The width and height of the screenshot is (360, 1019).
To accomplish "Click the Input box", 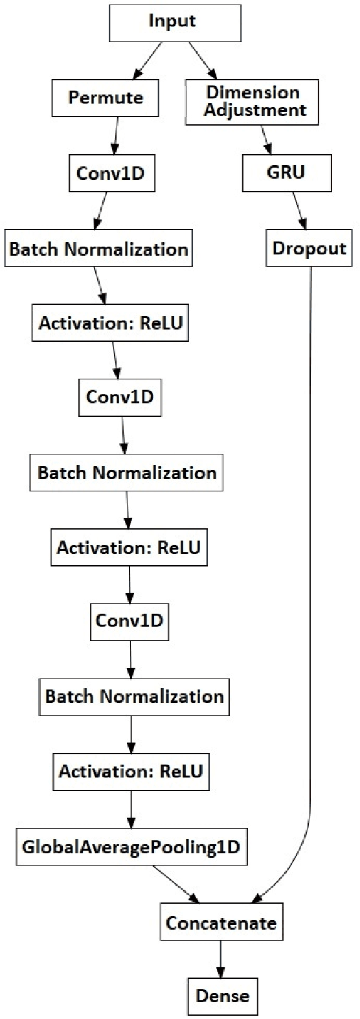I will point(172,21).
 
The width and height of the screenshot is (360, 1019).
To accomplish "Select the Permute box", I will point(106,98).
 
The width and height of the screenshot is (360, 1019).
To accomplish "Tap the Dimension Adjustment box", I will point(253,102).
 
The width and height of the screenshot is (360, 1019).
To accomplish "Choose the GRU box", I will point(287,173).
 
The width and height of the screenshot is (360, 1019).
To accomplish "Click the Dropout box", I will point(309,249).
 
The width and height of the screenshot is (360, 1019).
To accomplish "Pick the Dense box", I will point(223,996).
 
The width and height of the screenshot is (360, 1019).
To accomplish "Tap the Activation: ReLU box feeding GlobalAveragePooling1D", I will point(131,771).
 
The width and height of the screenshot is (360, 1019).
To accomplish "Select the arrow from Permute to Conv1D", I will point(115,136).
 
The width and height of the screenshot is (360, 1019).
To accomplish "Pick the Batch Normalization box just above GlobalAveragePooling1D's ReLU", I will point(134,697).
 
